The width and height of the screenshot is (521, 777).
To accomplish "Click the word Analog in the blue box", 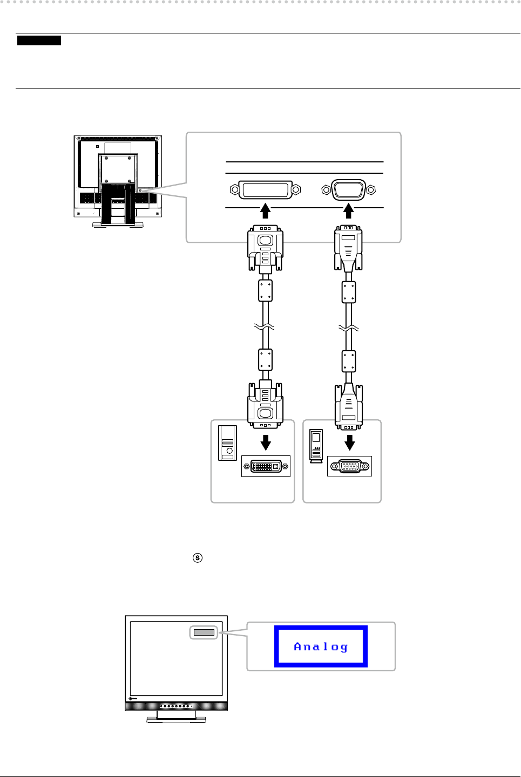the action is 321,646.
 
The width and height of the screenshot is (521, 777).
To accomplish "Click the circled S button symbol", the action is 198,557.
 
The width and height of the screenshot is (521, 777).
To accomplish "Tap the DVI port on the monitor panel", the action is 265,190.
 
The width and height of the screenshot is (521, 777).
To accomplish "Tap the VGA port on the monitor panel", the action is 348,190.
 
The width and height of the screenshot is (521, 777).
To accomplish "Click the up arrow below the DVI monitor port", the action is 265,210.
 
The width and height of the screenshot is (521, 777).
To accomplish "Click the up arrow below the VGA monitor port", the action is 349,210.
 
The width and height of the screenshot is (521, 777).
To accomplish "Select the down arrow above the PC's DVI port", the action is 266,442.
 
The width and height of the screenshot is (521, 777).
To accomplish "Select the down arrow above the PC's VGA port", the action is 350,442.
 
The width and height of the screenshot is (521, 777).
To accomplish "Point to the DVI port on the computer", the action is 266,466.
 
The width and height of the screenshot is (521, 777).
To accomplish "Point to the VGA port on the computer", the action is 350,466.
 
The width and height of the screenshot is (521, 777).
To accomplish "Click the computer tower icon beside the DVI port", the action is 227,443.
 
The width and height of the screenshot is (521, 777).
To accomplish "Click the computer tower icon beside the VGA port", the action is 316,445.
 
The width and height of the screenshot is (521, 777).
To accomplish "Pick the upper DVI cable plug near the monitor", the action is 265,247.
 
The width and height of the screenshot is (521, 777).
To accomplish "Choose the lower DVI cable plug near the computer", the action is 265,405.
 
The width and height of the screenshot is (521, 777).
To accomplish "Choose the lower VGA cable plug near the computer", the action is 349,406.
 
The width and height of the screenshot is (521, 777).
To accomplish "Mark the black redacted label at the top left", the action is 39,40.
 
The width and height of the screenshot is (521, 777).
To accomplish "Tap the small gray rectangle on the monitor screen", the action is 204,632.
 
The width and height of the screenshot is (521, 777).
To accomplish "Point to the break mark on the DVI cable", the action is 265,327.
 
